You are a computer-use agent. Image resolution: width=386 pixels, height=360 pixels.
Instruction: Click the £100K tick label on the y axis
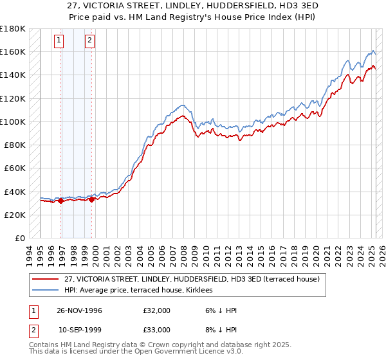click(x=14, y=122)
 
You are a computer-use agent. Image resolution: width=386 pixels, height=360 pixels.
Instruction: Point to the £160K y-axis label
click(x=14, y=51)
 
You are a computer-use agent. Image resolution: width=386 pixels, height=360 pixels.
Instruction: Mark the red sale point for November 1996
click(x=61, y=201)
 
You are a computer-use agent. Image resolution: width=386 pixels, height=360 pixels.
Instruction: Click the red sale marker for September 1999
click(x=92, y=199)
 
